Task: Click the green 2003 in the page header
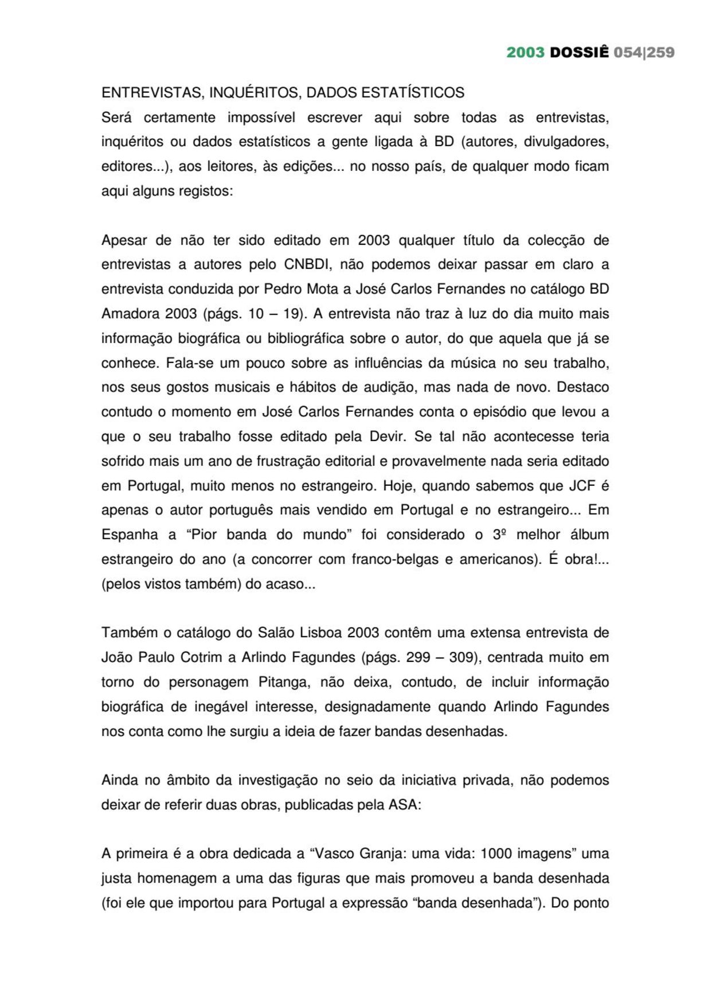(525, 53)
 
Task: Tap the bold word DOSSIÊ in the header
(579, 53)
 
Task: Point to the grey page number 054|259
(644, 53)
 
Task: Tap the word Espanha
(130, 535)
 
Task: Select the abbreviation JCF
(582, 486)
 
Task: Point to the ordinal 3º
(499, 535)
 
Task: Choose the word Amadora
(130, 314)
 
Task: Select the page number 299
(418, 657)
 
